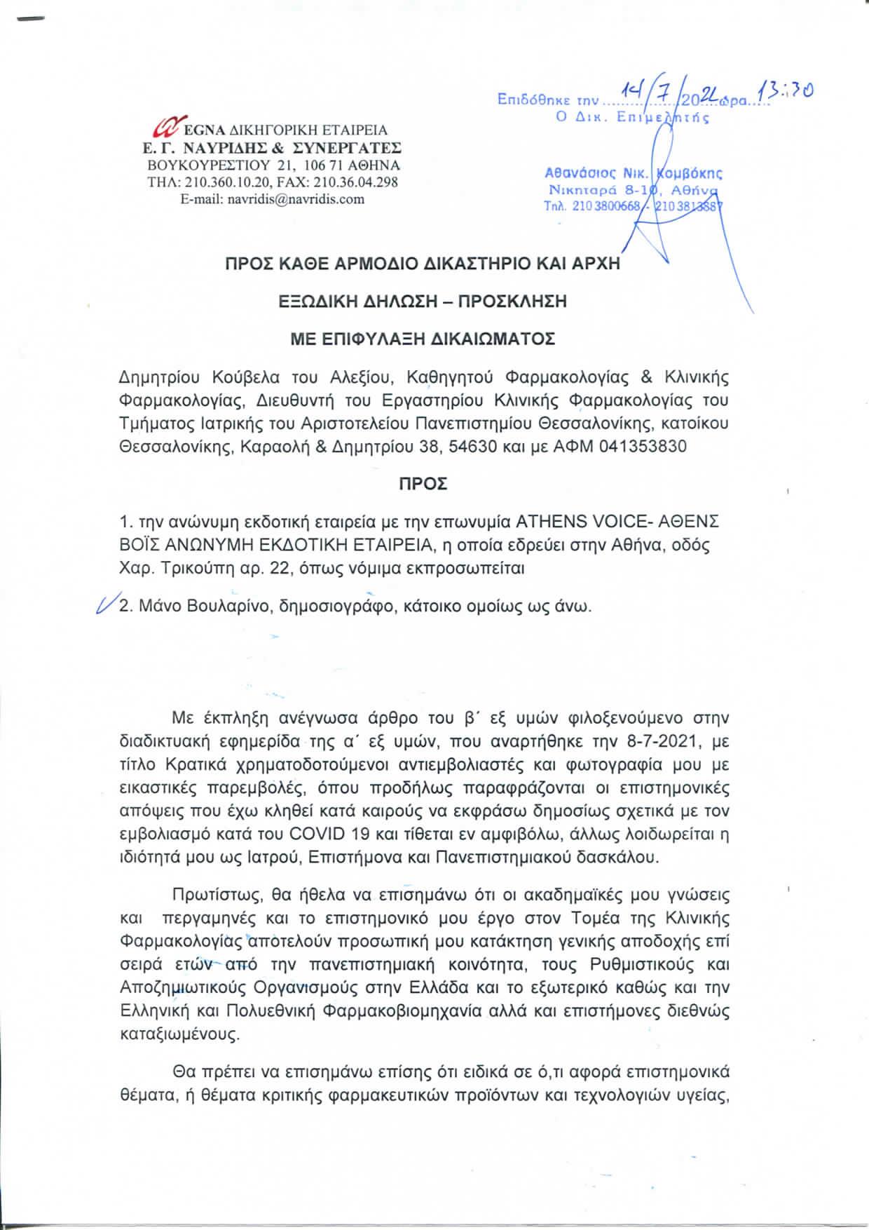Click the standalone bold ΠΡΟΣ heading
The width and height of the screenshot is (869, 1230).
[423, 484]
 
